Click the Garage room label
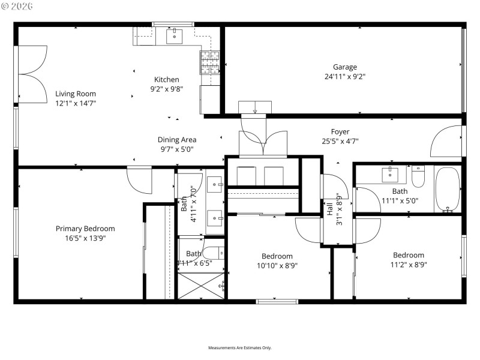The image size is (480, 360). (x=345, y=67)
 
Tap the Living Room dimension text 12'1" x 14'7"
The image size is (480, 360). (x=76, y=103)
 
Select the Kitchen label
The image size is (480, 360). (x=166, y=79)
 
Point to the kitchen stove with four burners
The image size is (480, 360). (x=209, y=61)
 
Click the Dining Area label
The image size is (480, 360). (x=177, y=140)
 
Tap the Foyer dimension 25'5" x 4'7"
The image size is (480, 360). (x=340, y=142)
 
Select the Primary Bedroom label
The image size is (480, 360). (x=85, y=229)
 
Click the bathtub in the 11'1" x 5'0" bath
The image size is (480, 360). (x=447, y=190)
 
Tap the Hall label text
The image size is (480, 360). (x=330, y=209)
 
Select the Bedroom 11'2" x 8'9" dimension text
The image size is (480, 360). (x=408, y=264)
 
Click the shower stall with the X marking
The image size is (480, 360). (x=201, y=286)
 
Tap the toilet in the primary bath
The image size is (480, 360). (x=214, y=253)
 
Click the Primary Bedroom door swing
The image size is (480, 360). (x=139, y=181)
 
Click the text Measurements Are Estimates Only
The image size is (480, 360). (x=240, y=348)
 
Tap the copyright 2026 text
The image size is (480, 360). (x=18, y=6)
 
